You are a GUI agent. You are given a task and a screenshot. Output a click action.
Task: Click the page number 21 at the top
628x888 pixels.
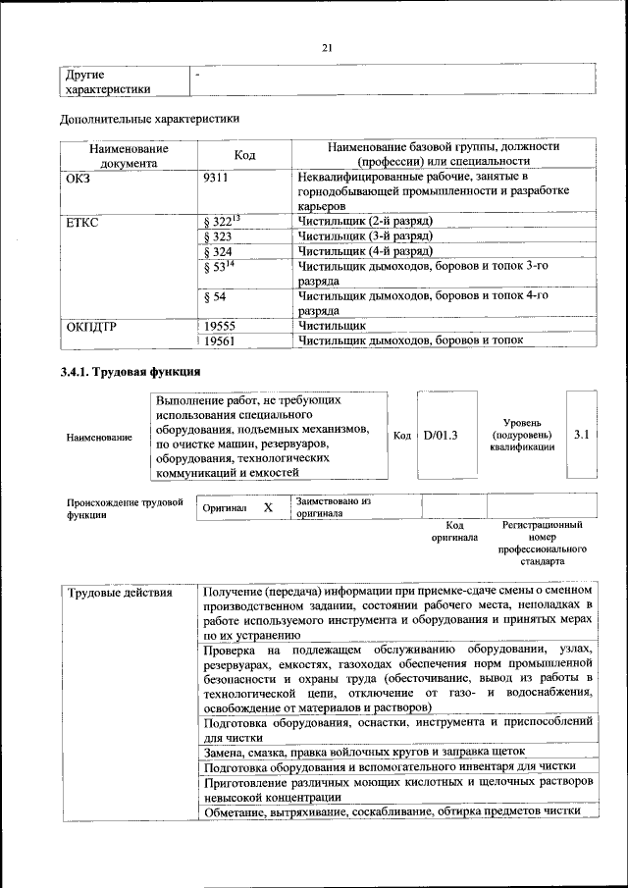[328, 48]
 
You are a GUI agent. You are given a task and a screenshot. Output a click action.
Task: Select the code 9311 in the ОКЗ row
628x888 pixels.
[217, 178]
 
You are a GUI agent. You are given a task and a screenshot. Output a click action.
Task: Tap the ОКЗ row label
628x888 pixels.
[78, 178]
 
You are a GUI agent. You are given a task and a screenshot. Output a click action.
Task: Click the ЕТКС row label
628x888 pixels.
[81, 222]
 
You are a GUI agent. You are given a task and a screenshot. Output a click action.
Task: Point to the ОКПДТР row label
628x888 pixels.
[90, 325]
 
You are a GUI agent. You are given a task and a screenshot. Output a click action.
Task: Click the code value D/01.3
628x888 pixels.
[441, 434]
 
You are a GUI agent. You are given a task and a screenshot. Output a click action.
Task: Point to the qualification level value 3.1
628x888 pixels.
[581, 433]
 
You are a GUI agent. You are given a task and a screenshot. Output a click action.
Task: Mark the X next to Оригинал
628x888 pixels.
[268, 507]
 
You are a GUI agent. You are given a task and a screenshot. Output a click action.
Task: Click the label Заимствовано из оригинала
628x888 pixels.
[334, 506]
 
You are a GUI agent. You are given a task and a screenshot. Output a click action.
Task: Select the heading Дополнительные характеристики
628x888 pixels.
[149, 119]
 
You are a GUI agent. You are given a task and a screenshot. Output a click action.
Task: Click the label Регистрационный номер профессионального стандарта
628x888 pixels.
[542, 544]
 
